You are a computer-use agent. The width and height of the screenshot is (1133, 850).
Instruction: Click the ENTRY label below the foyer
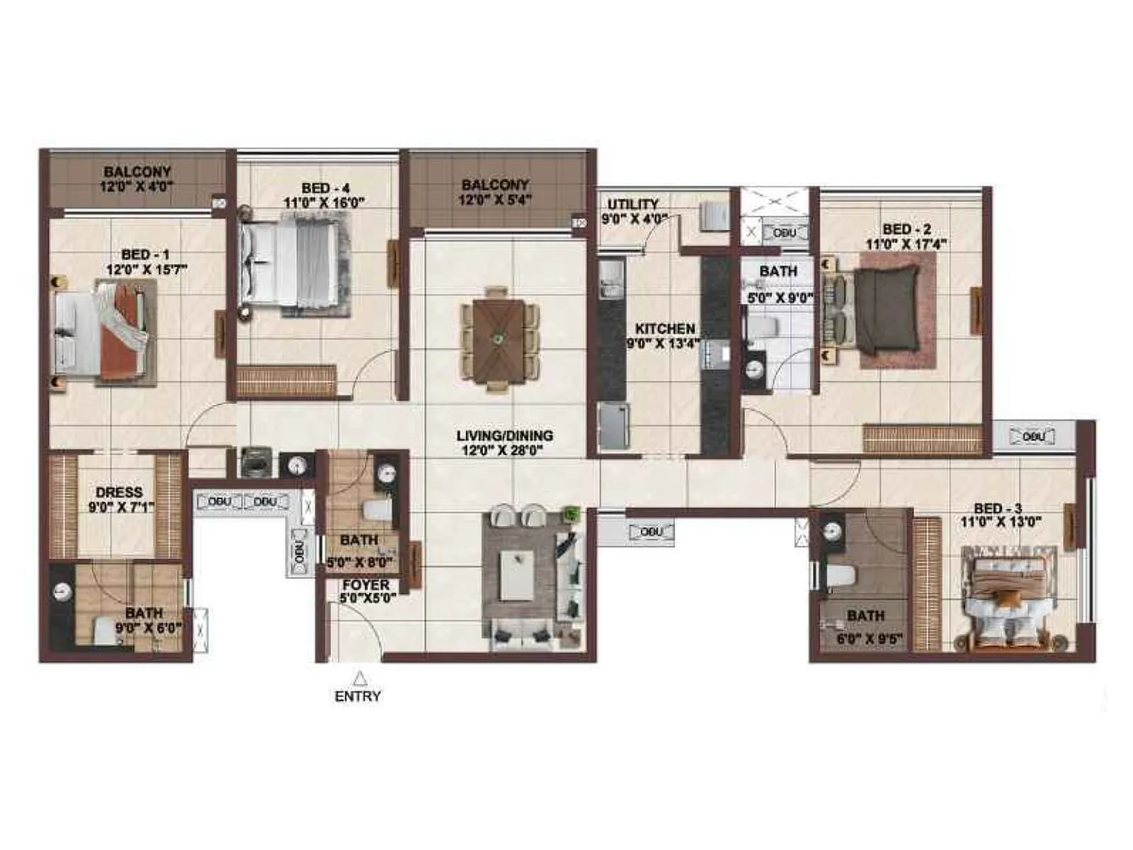tap(358, 696)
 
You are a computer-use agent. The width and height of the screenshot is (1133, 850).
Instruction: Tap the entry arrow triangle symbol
tap(360, 677)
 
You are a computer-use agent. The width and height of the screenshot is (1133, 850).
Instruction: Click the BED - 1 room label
tap(145, 254)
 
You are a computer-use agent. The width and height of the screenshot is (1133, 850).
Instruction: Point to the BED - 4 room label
tap(325, 188)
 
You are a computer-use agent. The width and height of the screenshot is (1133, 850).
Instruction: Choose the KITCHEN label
tap(665, 329)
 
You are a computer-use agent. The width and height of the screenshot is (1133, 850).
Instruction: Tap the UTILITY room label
tap(632, 205)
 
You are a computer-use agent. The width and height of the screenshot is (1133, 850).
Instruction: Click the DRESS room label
tap(119, 492)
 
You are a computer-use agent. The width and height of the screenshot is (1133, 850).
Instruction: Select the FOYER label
tap(365, 585)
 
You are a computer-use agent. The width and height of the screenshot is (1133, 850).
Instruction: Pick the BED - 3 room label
tap(998, 508)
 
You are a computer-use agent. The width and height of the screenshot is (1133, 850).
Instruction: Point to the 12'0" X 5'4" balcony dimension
tap(495, 200)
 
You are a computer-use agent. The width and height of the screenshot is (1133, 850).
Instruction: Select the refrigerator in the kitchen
tap(613, 425)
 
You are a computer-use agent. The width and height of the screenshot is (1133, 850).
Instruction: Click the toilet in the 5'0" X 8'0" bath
tap(377, 509)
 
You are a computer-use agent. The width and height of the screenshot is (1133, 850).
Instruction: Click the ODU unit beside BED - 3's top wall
tap(1034, 436)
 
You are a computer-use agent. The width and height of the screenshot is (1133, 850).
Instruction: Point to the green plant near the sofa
tap(571, 513)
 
